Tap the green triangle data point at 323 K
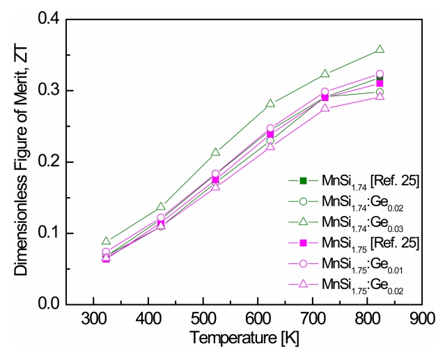pos(106,241)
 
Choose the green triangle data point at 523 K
pos(215,152)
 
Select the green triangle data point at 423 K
pos(161,206)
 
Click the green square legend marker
pos(303,180)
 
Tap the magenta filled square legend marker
pos(303,243)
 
